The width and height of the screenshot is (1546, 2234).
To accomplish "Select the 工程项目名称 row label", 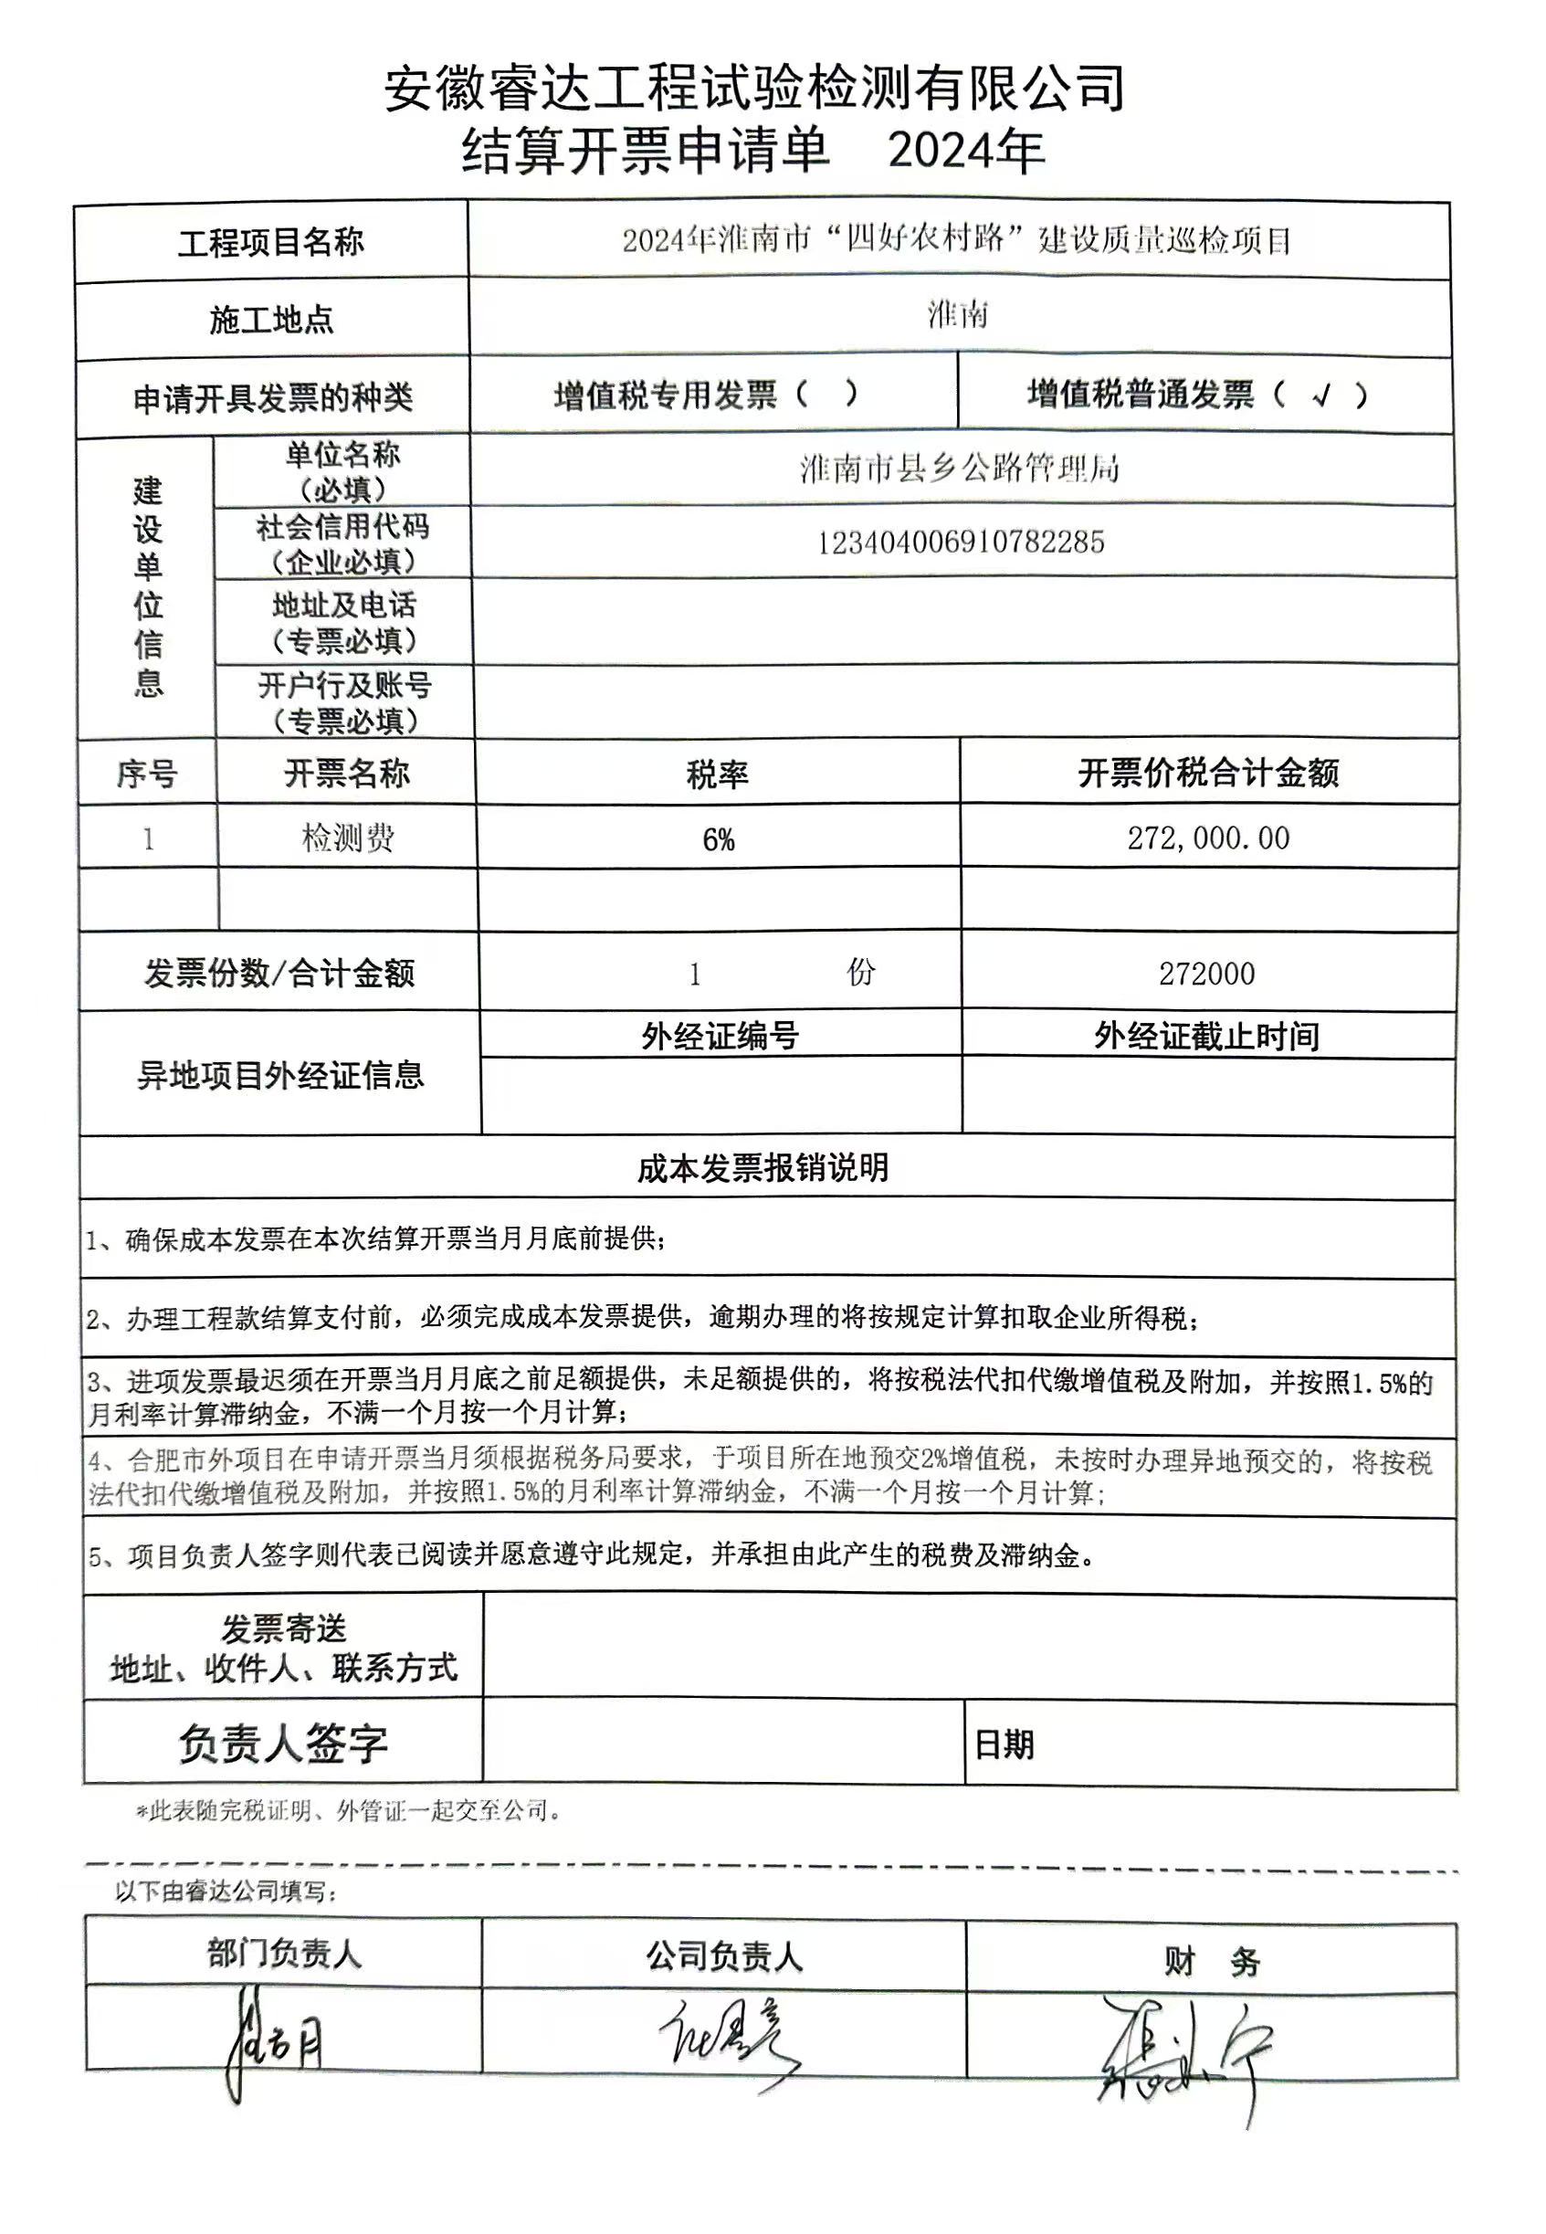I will pyautogui.click(x=270, y=242).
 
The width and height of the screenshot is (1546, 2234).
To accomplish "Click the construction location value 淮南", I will pyautogui.click(x=957, y=315).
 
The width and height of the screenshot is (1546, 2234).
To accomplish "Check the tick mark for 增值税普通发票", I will pyautogui.click(x=1321, y=395).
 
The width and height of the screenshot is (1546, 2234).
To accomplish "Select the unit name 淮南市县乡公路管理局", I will pyautogui.click(x=959, y=469).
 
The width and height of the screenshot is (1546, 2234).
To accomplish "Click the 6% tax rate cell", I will pyautogui.click(x=718, y=840).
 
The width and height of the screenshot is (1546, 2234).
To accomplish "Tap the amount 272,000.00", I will pyautogui.click(x=1208, y=838).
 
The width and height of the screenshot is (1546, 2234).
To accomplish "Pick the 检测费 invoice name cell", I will pyautogui.click(x=347, y=838).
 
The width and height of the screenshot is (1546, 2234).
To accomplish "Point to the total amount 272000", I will pyautogui.click(x=1206, y=974).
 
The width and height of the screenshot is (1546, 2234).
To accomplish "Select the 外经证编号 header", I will pyautogui.click(x=720, y=1037).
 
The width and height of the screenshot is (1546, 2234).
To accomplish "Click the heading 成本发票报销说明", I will pyautogui.click(x=762, y=1168).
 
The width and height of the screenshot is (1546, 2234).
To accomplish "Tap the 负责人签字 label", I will pyautogui.click(x=282, y=1744).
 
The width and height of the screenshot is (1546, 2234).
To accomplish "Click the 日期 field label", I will pyautogui.click(x=1004, y=1744).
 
